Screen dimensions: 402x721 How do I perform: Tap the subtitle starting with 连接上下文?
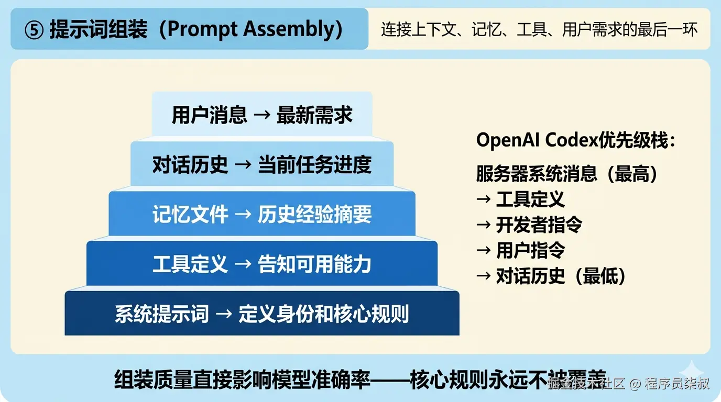click(539, 30)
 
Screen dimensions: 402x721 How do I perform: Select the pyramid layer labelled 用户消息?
click(262, 115)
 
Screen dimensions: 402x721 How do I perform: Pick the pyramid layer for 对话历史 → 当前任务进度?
click(262, 164)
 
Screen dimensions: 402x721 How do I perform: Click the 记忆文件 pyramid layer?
click(262, 214)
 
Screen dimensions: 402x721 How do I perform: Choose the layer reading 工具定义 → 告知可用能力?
click(262, 264)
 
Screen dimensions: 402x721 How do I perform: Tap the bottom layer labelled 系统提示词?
click(262, 314)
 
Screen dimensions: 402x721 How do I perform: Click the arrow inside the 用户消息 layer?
click(261, 116)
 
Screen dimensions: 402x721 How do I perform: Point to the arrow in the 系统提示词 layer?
click(224, 315)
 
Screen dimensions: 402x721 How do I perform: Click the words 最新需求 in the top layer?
click(315, 115)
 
